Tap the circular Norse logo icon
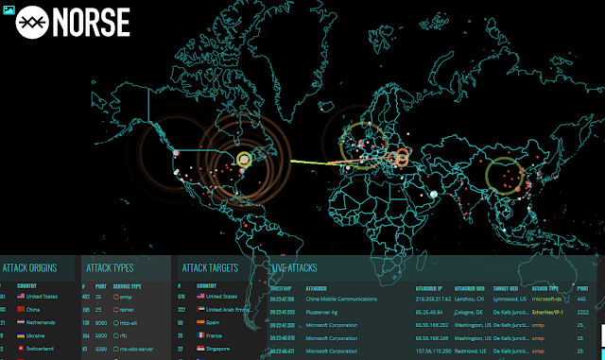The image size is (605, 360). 33,22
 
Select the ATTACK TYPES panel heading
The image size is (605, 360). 110,267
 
